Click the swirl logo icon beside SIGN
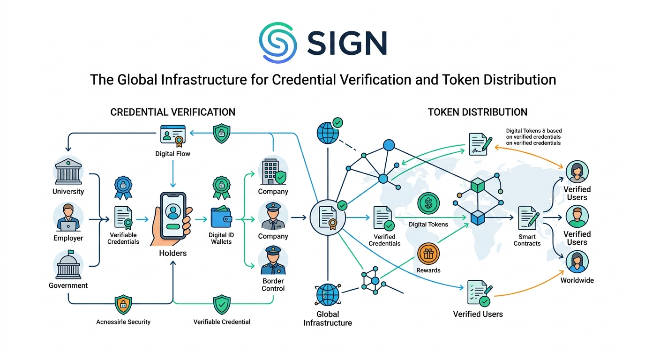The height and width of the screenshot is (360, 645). (278, 42)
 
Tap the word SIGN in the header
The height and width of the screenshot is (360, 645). (347, 43)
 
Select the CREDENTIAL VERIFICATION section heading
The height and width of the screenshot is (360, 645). (173, 112)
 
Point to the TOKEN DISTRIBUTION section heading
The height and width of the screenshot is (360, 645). (478, 112)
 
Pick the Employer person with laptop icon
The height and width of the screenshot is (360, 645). (68, 217)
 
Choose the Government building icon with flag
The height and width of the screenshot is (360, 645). (68, 264)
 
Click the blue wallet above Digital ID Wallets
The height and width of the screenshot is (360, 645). (222, 218)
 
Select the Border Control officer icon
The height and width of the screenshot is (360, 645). (273, 261)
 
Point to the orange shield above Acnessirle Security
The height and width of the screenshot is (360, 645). (123, 304)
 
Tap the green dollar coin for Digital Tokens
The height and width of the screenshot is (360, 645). (428, 204)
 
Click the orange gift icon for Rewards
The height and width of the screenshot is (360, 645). (428, 254)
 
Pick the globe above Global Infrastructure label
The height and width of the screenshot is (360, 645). (328, 294)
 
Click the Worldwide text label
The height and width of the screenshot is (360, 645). (577, 280)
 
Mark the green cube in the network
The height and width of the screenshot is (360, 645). (478, 186)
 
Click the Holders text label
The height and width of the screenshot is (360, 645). (172, 253)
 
